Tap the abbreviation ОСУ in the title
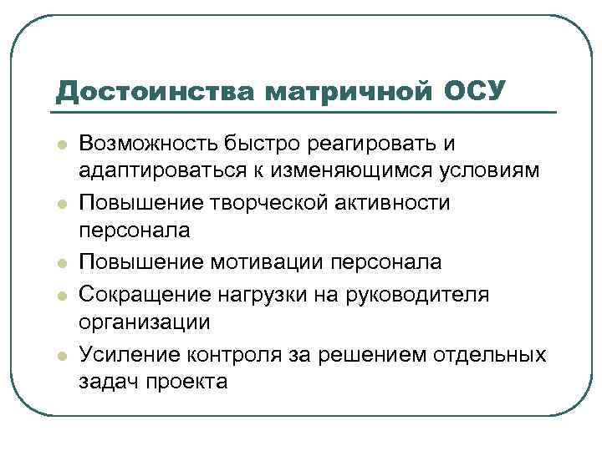click(x=473, y=89)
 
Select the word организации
click(x=145, y=321)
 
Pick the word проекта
click(x=189, y=380)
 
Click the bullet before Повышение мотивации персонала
click(x=61, y=263)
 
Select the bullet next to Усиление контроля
click(x=61, y=356)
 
